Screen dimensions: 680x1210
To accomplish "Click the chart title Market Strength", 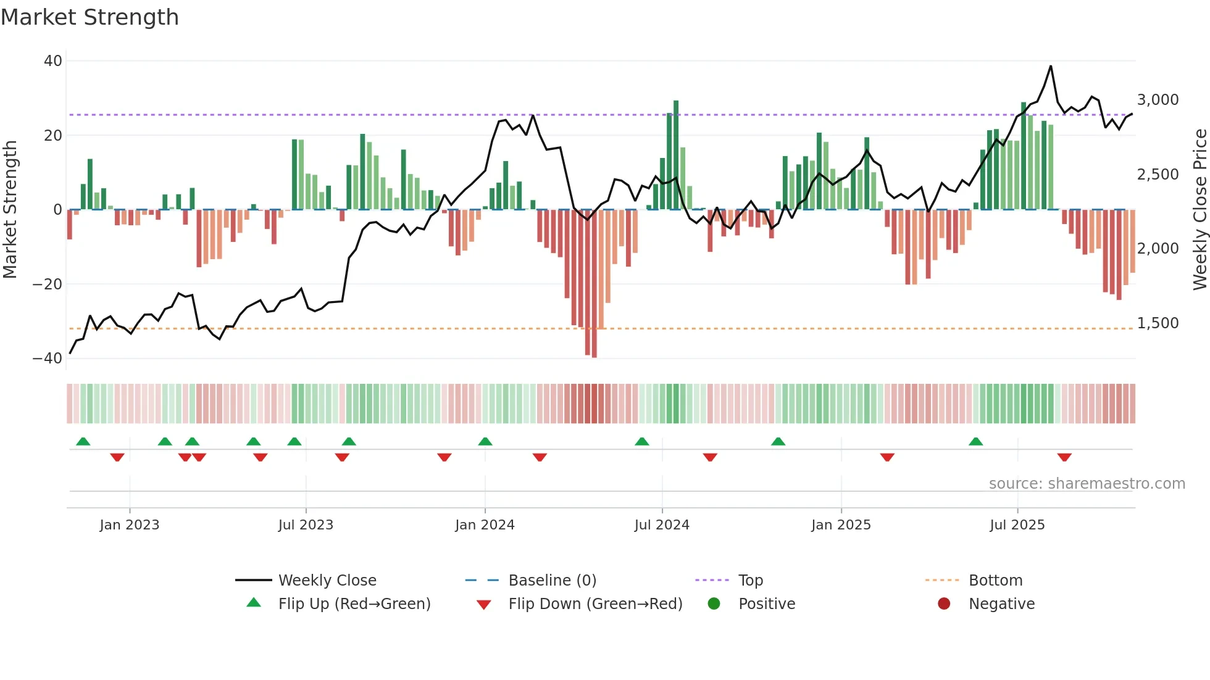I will pyautogui.click(x=90, y=17).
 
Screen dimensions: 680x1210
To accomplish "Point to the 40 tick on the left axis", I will pyautogui.click(x=53, y=61).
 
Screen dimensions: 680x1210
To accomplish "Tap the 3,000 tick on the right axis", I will pyautogui.click(x=1158, y=100).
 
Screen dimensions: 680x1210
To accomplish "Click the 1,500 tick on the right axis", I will pyautogui.click(x=1158, y=323).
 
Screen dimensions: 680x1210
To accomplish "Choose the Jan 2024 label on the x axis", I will pyautogui.click(x=485, y=525).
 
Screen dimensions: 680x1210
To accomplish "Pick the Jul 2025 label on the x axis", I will pyautogui.click(x=1017, y=525).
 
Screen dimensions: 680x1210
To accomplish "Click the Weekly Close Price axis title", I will pyautogui.click(x=1200, y=210).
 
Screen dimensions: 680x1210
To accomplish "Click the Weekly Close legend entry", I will pyautogui.click(x=327, y=581).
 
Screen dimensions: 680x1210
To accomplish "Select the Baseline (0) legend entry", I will pyautogui.click(x=552, y=581).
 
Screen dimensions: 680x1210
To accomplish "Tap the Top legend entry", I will pyautogui.click(x=750, y=581).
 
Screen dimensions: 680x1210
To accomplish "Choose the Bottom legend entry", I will pyautogui.click(x=995, y=581).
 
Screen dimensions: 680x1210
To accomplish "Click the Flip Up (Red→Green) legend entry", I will pyautogui.click(x=354, y=604).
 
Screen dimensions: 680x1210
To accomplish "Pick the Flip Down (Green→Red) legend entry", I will pyautogui.click(x=595, y=604).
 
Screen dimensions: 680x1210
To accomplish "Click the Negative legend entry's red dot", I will pyautogui.click(x=944, y=604).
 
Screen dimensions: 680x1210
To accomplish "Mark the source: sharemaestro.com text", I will pyautogui.click(x=1087, y=484).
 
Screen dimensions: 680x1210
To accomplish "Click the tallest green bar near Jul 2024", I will pyautogui.click(x=676, y=154).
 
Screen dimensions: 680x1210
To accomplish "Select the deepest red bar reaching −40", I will pyautogui.click(x=594, y=284).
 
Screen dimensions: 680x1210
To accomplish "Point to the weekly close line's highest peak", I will pyautogui.click(x=1050, y=66).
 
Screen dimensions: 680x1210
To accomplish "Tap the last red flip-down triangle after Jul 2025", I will pyautogui.click(x=1064, y=457).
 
